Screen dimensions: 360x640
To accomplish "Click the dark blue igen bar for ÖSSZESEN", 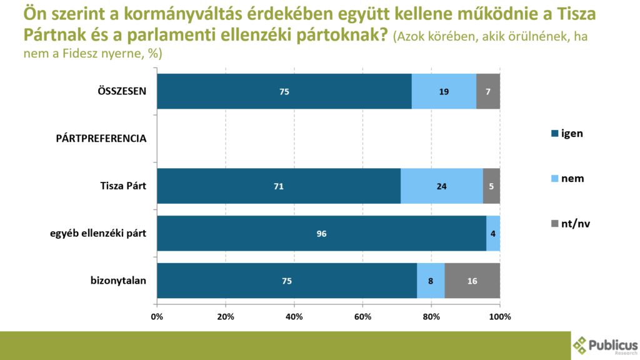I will pyautogui.click(x=284, y=91).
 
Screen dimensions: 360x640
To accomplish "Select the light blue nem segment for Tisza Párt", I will pyautogui.click(x=441, y=186).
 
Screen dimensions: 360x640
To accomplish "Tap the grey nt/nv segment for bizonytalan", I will pyautogui.click(x=472, y=281).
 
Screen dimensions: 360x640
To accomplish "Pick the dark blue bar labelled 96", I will pyautogui.click(x=321, y=233).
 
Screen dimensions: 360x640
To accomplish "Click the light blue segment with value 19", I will pyautogui.click(x=444, y=91).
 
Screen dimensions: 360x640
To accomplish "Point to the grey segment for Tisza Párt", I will pyautogui.click(x=491, y=186).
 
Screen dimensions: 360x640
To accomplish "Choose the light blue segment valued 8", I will pyautogui.click(x=431, y=281).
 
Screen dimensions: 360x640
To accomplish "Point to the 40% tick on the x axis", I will pyautogui.click(x=294, y=316).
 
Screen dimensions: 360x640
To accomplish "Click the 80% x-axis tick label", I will pyautogui.click(x=431, y=316).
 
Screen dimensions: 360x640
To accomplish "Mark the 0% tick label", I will pyautogui.click(x=157, y=316).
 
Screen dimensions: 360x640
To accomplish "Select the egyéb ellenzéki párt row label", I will pyautogui.click(x=98, y=233).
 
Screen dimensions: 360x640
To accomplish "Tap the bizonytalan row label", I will pyautogui.click(x=118, y=281).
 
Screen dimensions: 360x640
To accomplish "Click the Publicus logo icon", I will pyautogui.click(x=581, y=345).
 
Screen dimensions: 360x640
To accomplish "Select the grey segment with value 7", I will pyautogui.click(x=487, y=91).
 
